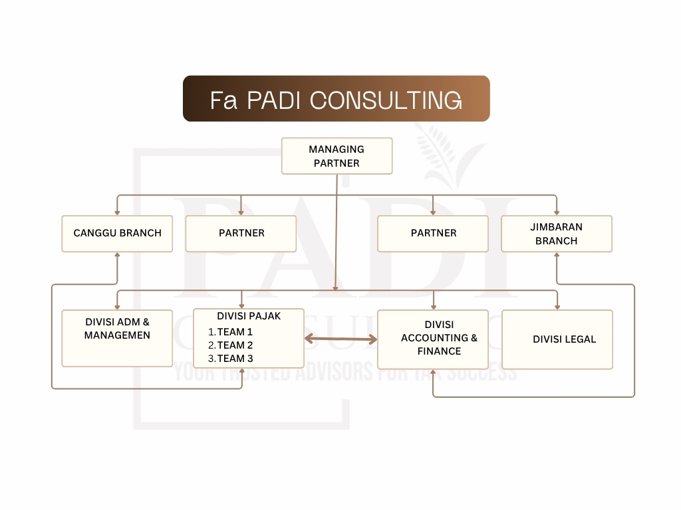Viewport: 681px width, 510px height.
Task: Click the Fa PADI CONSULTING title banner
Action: click(x=336, y=98)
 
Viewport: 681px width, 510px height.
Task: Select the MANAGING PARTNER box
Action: click(x=337, y=156)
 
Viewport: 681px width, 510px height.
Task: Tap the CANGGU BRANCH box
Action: click(x=117, y=233)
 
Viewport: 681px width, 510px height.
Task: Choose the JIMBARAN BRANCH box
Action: click(x=556, y=234)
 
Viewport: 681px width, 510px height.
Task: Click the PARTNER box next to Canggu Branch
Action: click(x=241, y=233)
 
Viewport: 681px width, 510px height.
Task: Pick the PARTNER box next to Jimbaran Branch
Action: click(x=433, y=233)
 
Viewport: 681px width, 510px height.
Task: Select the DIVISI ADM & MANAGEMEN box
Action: click(x=117, y=337)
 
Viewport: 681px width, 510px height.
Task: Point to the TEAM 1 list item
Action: click(x=235, y=332)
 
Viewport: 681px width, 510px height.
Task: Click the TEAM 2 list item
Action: click(x=235, y=345)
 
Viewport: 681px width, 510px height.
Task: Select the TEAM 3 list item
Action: click(x=235, y=359)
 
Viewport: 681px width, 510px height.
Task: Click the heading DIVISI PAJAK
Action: click(x=249, y=316)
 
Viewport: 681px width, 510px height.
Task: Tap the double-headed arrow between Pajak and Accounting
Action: click(x=340, y=339)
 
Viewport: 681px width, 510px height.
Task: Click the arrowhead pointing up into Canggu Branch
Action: click(x=117, y=256)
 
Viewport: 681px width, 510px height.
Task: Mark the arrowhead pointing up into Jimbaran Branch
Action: click(x=557, y=256)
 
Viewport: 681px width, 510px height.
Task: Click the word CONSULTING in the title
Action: click(x=386, y=100)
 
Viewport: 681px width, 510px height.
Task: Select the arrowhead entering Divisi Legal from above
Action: click(x=557, y=306)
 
